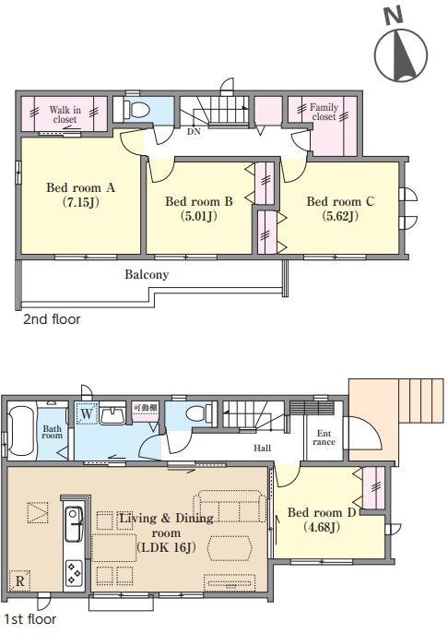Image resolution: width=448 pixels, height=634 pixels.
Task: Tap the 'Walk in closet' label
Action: (65, 114)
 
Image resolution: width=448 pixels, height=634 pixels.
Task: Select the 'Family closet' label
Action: (324, 112)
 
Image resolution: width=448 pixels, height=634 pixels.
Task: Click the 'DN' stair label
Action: (194, 131)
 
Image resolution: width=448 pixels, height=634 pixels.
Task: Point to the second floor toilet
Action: (136, 109)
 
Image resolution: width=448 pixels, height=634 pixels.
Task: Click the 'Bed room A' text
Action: (80, 187)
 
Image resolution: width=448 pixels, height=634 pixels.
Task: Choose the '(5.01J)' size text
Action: (198, 216)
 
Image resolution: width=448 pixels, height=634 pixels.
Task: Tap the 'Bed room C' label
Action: (340, 201)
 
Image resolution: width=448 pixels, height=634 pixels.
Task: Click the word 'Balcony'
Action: (147, 274)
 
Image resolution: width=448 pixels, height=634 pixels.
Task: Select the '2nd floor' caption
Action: (52, 319)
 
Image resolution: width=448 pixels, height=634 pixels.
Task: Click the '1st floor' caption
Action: (29, 619)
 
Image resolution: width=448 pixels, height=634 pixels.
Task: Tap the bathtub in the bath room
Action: (21, 430)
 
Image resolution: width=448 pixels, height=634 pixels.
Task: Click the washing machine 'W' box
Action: (87, 413)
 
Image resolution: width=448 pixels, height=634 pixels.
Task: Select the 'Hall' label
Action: (262, 448)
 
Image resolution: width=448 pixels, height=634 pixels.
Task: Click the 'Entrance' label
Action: (324, 437)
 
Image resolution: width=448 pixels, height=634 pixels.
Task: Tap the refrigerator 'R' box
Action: (19, 581)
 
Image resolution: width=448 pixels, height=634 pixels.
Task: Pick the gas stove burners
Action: (74, 572)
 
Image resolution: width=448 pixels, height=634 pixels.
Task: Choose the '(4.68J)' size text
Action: (321, 527)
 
